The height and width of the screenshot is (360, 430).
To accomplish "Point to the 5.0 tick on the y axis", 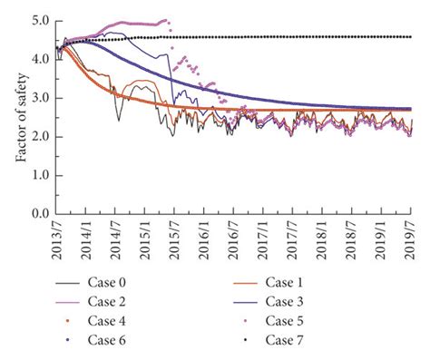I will (42, 19).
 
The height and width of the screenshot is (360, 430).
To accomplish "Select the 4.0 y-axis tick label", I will (42, 58).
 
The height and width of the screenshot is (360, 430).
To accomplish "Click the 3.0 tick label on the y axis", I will (42, 97).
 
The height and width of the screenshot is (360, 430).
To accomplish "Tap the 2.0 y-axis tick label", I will (42, 136).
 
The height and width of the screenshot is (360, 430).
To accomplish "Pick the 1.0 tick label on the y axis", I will (42, 175).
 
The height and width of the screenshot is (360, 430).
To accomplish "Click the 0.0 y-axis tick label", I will (42, 214).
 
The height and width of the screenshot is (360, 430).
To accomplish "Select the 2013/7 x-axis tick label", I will (55, 239).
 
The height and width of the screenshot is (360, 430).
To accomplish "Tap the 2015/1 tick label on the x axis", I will (144, 239).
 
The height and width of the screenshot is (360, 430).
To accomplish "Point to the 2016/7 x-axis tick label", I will (233, 239).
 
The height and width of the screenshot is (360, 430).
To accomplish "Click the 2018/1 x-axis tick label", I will (322, 239).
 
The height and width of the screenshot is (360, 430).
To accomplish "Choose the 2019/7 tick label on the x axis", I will (411, 239).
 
